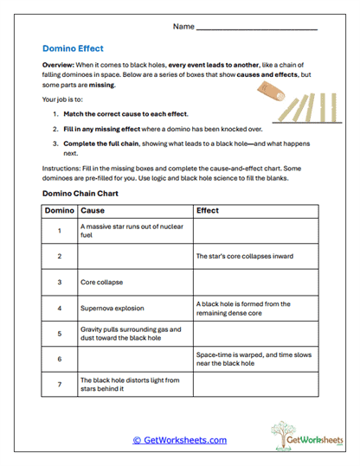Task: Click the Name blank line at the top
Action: click(257, 29)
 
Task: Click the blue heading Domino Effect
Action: click(74, 49)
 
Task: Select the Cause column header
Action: click(92, 210)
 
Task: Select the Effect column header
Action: click(208, 210)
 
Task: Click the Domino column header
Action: click(60, 210)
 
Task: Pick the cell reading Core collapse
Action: click(135, 282)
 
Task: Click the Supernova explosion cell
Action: click(135, 308)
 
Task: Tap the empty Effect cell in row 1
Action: click(255, 231)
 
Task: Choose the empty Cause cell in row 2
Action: click(135, 257)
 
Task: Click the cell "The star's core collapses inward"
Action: click(255, 257)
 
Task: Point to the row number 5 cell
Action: click(60, 333)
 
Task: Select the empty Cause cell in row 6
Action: click(135, 358)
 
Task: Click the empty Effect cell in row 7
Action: click(255, 384)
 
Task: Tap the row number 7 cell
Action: click(60, 384)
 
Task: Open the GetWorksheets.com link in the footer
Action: click(180, 440)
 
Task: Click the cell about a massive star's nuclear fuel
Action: click(135, 231)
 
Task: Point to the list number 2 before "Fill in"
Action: click(55, 128)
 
